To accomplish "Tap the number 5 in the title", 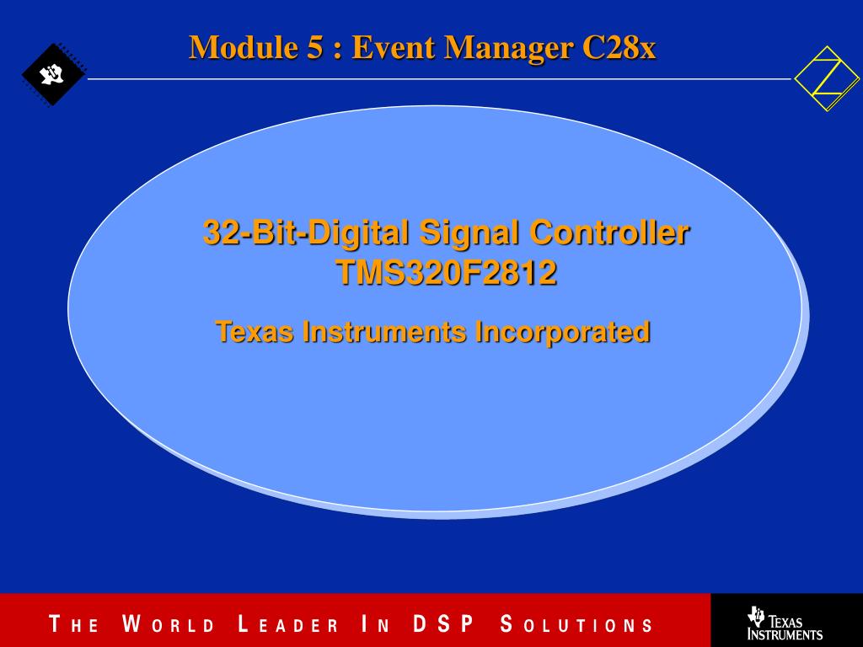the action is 315,47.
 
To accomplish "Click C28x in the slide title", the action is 619,47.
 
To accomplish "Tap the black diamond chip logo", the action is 53,74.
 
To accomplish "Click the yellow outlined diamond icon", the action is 827,78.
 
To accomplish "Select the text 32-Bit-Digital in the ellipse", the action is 306,233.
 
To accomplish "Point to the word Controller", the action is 609,233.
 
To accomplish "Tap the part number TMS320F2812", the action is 447,272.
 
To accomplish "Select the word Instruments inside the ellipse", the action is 384,332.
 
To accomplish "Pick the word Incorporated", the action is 562,332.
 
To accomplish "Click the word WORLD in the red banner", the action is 168,624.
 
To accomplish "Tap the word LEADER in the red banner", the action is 288,624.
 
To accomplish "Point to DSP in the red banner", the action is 443,624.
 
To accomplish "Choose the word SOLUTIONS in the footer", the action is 576,624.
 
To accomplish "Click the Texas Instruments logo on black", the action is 785,623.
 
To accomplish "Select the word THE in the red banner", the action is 74,624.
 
